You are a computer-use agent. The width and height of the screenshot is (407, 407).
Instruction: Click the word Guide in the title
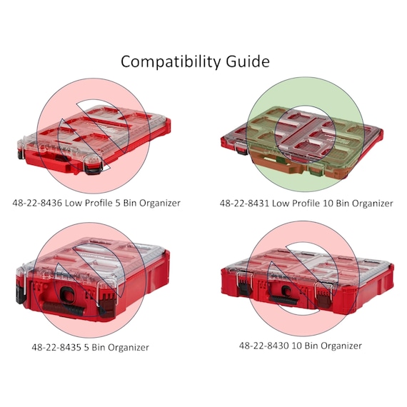[x=248, y=61]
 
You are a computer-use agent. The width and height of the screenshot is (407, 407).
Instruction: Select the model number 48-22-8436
[x=37, y=203]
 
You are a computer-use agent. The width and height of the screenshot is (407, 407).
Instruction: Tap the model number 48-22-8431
[x=244, y=203]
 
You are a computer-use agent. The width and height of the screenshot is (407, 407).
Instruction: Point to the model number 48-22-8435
[x=56, y=347]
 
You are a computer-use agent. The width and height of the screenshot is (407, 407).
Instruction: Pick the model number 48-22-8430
[x=263, y=346]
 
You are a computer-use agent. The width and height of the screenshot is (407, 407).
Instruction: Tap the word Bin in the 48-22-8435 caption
[x=99, y=347]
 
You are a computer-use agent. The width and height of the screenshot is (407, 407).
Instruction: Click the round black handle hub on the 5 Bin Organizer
[x=69, y=293]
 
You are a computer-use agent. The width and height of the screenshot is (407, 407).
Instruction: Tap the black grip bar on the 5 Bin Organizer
[x=64, y=308]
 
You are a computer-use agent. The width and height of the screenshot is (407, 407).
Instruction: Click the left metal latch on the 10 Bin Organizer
[x=244, y=282]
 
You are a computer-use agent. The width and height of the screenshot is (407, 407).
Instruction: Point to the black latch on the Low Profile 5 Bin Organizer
[x=94, y=170]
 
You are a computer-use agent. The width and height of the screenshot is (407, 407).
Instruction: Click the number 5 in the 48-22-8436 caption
[x=118, y=203]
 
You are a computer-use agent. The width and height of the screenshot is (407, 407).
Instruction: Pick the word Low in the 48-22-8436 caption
[x=74, y=203]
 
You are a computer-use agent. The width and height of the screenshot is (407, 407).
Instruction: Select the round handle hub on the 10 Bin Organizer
[x=286, y=290]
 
